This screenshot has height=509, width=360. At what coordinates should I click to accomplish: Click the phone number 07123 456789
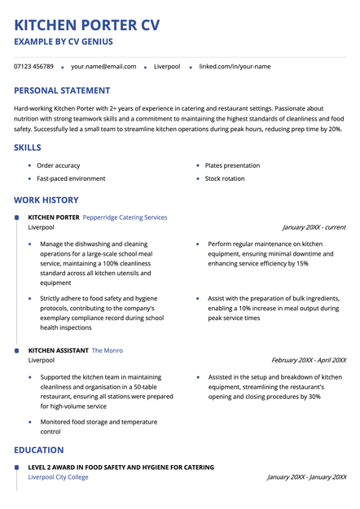point(33,66)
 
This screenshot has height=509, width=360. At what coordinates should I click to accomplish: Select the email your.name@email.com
point(103,66)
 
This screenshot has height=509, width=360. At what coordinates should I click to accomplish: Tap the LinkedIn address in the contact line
point(235,66)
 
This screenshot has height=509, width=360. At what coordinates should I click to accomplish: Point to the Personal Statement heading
point(62,90)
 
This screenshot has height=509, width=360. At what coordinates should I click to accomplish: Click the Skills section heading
point(28,147)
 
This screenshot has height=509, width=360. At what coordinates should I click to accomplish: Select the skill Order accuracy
point(59,165)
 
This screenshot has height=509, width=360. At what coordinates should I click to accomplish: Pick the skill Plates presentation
point(232,165)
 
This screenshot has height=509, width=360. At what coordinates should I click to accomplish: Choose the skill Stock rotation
point(224,178)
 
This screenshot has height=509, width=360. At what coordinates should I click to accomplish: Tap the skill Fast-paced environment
point(71,178)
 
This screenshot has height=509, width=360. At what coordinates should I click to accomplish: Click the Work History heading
point(46,200)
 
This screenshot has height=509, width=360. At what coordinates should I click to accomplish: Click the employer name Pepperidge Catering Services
point(125,217)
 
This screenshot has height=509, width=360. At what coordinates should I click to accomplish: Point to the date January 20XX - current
point(314,227)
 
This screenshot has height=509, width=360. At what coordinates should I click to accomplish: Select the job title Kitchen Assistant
point(58,350)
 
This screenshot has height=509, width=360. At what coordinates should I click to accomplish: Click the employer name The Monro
point(108,350)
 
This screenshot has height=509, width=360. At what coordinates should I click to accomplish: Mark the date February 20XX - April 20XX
point(308,360)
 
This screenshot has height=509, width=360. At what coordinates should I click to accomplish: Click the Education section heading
point(38,450)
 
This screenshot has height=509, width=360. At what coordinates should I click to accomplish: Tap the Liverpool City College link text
point(58,477)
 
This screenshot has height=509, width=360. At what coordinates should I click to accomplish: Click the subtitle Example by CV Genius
point(64,42)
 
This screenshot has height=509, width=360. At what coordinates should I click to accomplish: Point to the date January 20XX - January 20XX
point(306,477)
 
